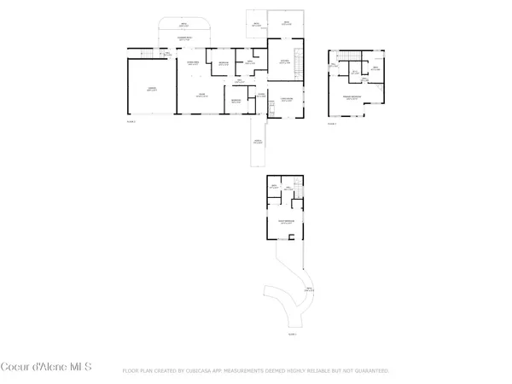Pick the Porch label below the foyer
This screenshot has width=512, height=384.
click(257, 142)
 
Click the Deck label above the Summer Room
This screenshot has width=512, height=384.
click(183, 26)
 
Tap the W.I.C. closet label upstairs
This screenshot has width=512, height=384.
click(355, 72)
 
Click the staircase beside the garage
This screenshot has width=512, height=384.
click(153, 55)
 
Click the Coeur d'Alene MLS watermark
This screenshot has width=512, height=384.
click(46, 368)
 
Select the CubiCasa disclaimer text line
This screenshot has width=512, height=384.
click(256, 371)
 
